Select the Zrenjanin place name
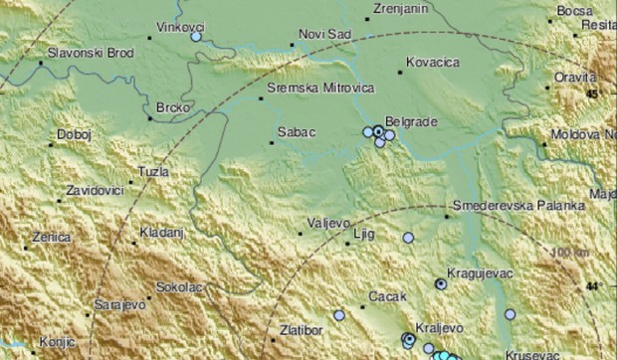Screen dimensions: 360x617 pos(399,8)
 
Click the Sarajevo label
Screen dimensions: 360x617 pos(119,302)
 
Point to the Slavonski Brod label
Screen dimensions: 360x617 pos(92,52)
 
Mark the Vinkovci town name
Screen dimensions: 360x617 pos(179,28)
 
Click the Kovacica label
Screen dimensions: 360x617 pos(435,61)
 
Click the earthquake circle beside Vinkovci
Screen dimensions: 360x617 pos(196,36)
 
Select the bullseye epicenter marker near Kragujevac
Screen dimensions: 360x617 pos(441,283)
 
